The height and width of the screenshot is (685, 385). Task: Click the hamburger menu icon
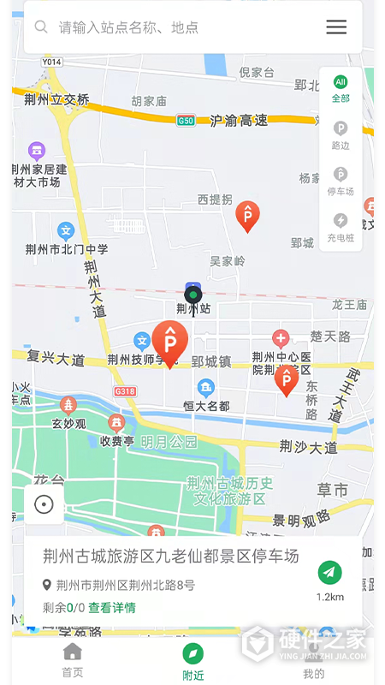(336, 27)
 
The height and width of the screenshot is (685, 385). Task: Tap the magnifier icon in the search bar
(41, 27)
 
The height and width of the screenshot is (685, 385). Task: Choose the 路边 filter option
(341, 135)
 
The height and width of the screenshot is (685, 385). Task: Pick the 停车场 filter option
(341, 181)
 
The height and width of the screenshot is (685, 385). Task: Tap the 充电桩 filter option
(341, 227)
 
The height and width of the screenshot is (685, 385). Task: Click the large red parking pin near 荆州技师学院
(169, 342)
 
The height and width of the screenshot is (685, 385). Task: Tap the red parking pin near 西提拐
(247, 216)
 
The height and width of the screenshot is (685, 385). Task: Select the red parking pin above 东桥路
(286, 379)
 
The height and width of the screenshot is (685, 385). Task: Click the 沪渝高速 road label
(239, 121)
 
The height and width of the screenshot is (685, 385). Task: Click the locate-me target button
(44, 504)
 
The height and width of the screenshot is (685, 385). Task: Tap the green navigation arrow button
(329, 572)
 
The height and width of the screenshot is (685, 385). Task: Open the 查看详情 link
(112, 608)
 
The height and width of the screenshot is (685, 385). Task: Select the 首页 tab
(73, 660)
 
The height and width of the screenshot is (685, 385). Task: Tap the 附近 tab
(193, 662)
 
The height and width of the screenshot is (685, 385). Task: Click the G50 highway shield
(186, 121)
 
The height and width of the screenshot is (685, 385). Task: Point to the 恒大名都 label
(206, 405)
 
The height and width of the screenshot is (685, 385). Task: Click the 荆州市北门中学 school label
(66, 249)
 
